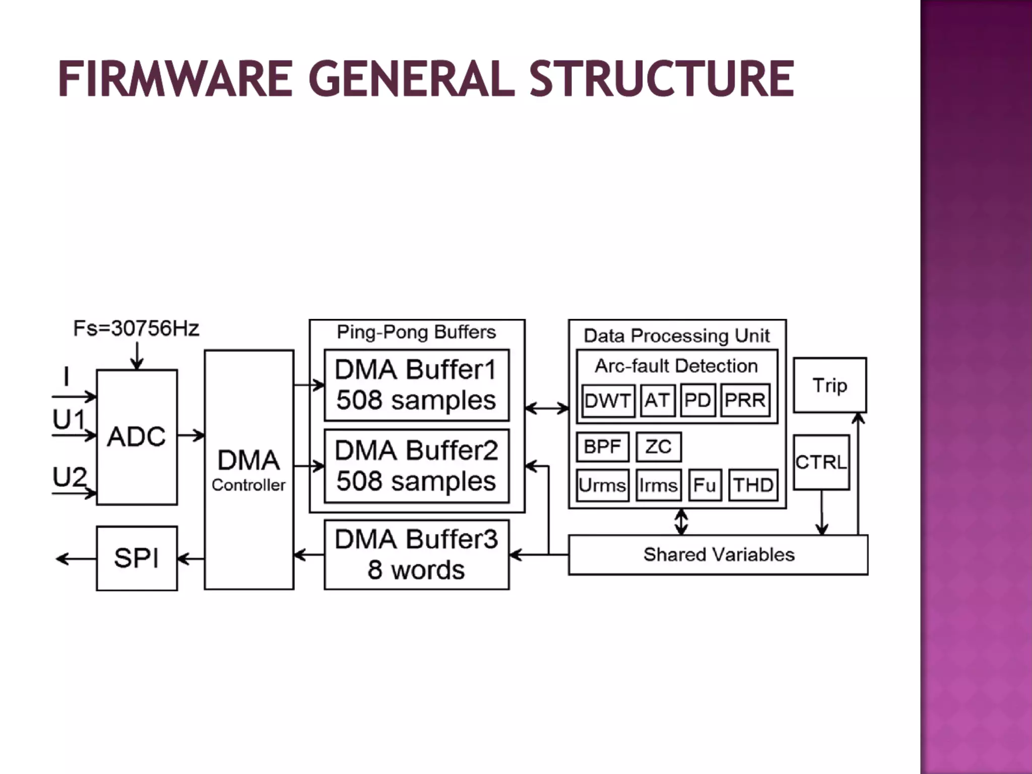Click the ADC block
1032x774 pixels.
(x=137, y=436)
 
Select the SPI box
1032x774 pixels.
(x=137, y=558)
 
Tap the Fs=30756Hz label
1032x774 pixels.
(x=136, y=329)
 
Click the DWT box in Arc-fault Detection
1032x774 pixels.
(x=608, y=401)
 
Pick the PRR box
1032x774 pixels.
(x=745, y=401)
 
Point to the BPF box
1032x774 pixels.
(x=603, y=447)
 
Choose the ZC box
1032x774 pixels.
(x=659, y=447)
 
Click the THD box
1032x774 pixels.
(x=753, y=485)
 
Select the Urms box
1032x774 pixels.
(x=603, y=485)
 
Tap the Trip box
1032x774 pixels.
(x=830, y=385)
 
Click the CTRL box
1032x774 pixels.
(x=821, y=462)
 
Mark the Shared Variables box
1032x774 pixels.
(x=719, y=555)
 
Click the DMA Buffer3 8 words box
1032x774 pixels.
(x=416, y=554)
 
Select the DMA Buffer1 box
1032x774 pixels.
(x=416, y=385)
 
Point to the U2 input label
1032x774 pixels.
(x=70, y=477)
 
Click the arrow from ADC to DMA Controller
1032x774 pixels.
(x=191, y=435)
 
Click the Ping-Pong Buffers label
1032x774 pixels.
(x=416, y=332)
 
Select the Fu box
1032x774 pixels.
(x=704, y=485)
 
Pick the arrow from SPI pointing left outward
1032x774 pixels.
(x=76, y=558)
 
